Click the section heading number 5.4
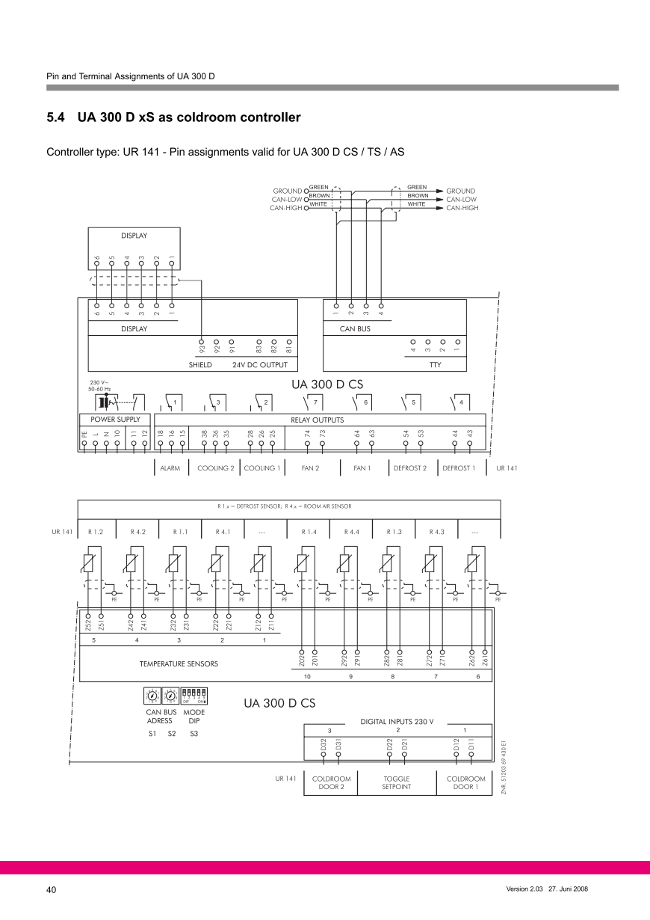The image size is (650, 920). tap(57, 117)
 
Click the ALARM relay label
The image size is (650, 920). tap(170, 468)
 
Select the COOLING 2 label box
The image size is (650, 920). tap(215, 468)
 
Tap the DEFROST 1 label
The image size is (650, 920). tap(458, 468)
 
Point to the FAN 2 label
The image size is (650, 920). tap(310, 468)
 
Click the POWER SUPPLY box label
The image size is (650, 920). tap(115, 420)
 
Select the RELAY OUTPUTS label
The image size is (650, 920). tap(317, 420)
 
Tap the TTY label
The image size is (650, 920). tap(435, 365)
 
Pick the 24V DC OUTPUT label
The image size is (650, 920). tap(259, 365)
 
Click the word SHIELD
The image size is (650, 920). tap(200, 365)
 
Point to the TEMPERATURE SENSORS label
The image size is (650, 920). tap(179, 663)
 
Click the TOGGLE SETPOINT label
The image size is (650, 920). tap(396, 782)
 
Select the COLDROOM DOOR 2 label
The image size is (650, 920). tap(331, 782)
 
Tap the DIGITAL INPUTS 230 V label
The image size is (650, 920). tap(397, 722)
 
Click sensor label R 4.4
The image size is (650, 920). tap(351, 532)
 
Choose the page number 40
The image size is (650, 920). tap(52, 889)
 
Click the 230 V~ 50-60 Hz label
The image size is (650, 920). tap(99, 386)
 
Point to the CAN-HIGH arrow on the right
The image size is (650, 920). tap(441, 208)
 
